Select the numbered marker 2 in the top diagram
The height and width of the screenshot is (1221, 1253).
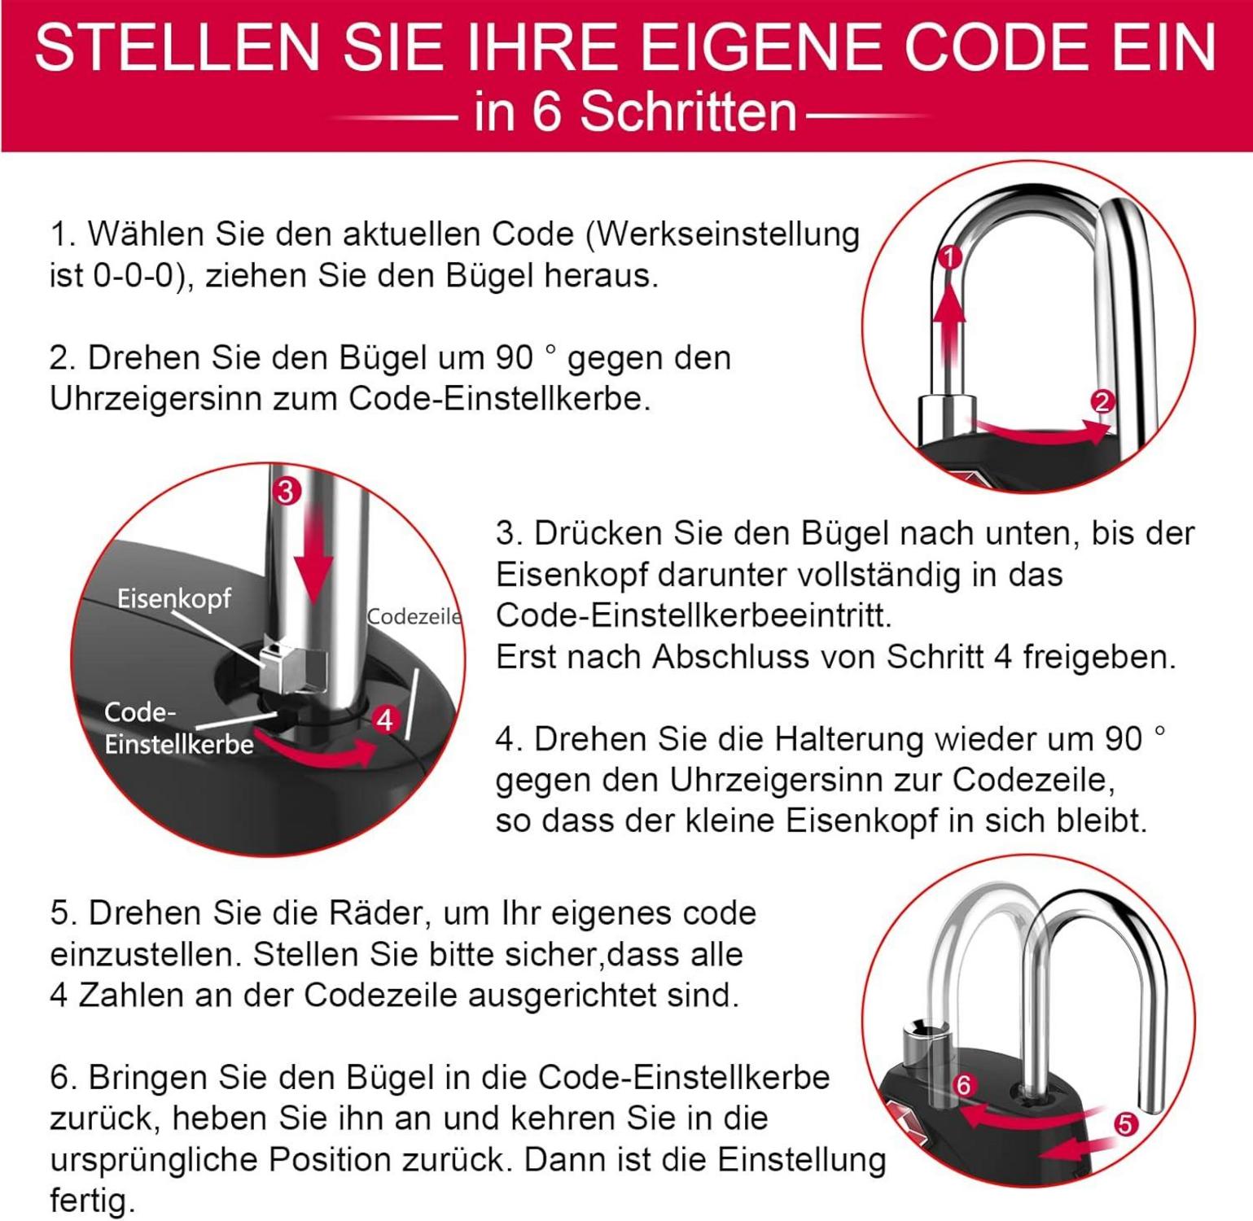tap(1102, 401)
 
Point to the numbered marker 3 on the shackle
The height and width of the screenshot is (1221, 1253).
tap(286, 491)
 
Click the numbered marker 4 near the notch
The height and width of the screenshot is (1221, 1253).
tap(384, 720)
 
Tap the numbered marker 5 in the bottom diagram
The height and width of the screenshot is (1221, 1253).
tap(1124, 1125)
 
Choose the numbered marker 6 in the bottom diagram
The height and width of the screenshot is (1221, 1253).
tap(964, 1085)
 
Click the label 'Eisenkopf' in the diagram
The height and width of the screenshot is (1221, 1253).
tap(174, 598)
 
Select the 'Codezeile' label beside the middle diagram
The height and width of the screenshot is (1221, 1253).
tap(414, 616)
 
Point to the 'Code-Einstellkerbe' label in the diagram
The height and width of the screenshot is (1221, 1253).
tap(178, 728)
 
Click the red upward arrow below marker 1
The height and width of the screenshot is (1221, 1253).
tap(949, 326)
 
